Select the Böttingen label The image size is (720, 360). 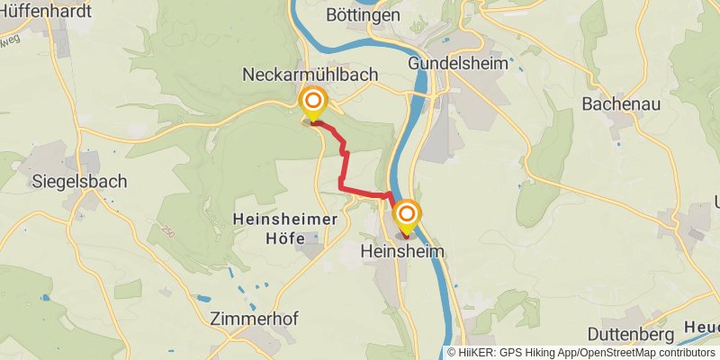pos(364,16)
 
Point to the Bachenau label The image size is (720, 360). pos(621,104)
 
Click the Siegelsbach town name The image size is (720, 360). pos(79,181)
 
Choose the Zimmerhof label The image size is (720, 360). pos(253,319)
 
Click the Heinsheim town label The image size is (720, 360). pos(403,251)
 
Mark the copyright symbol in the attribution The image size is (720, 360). pos(452,353)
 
